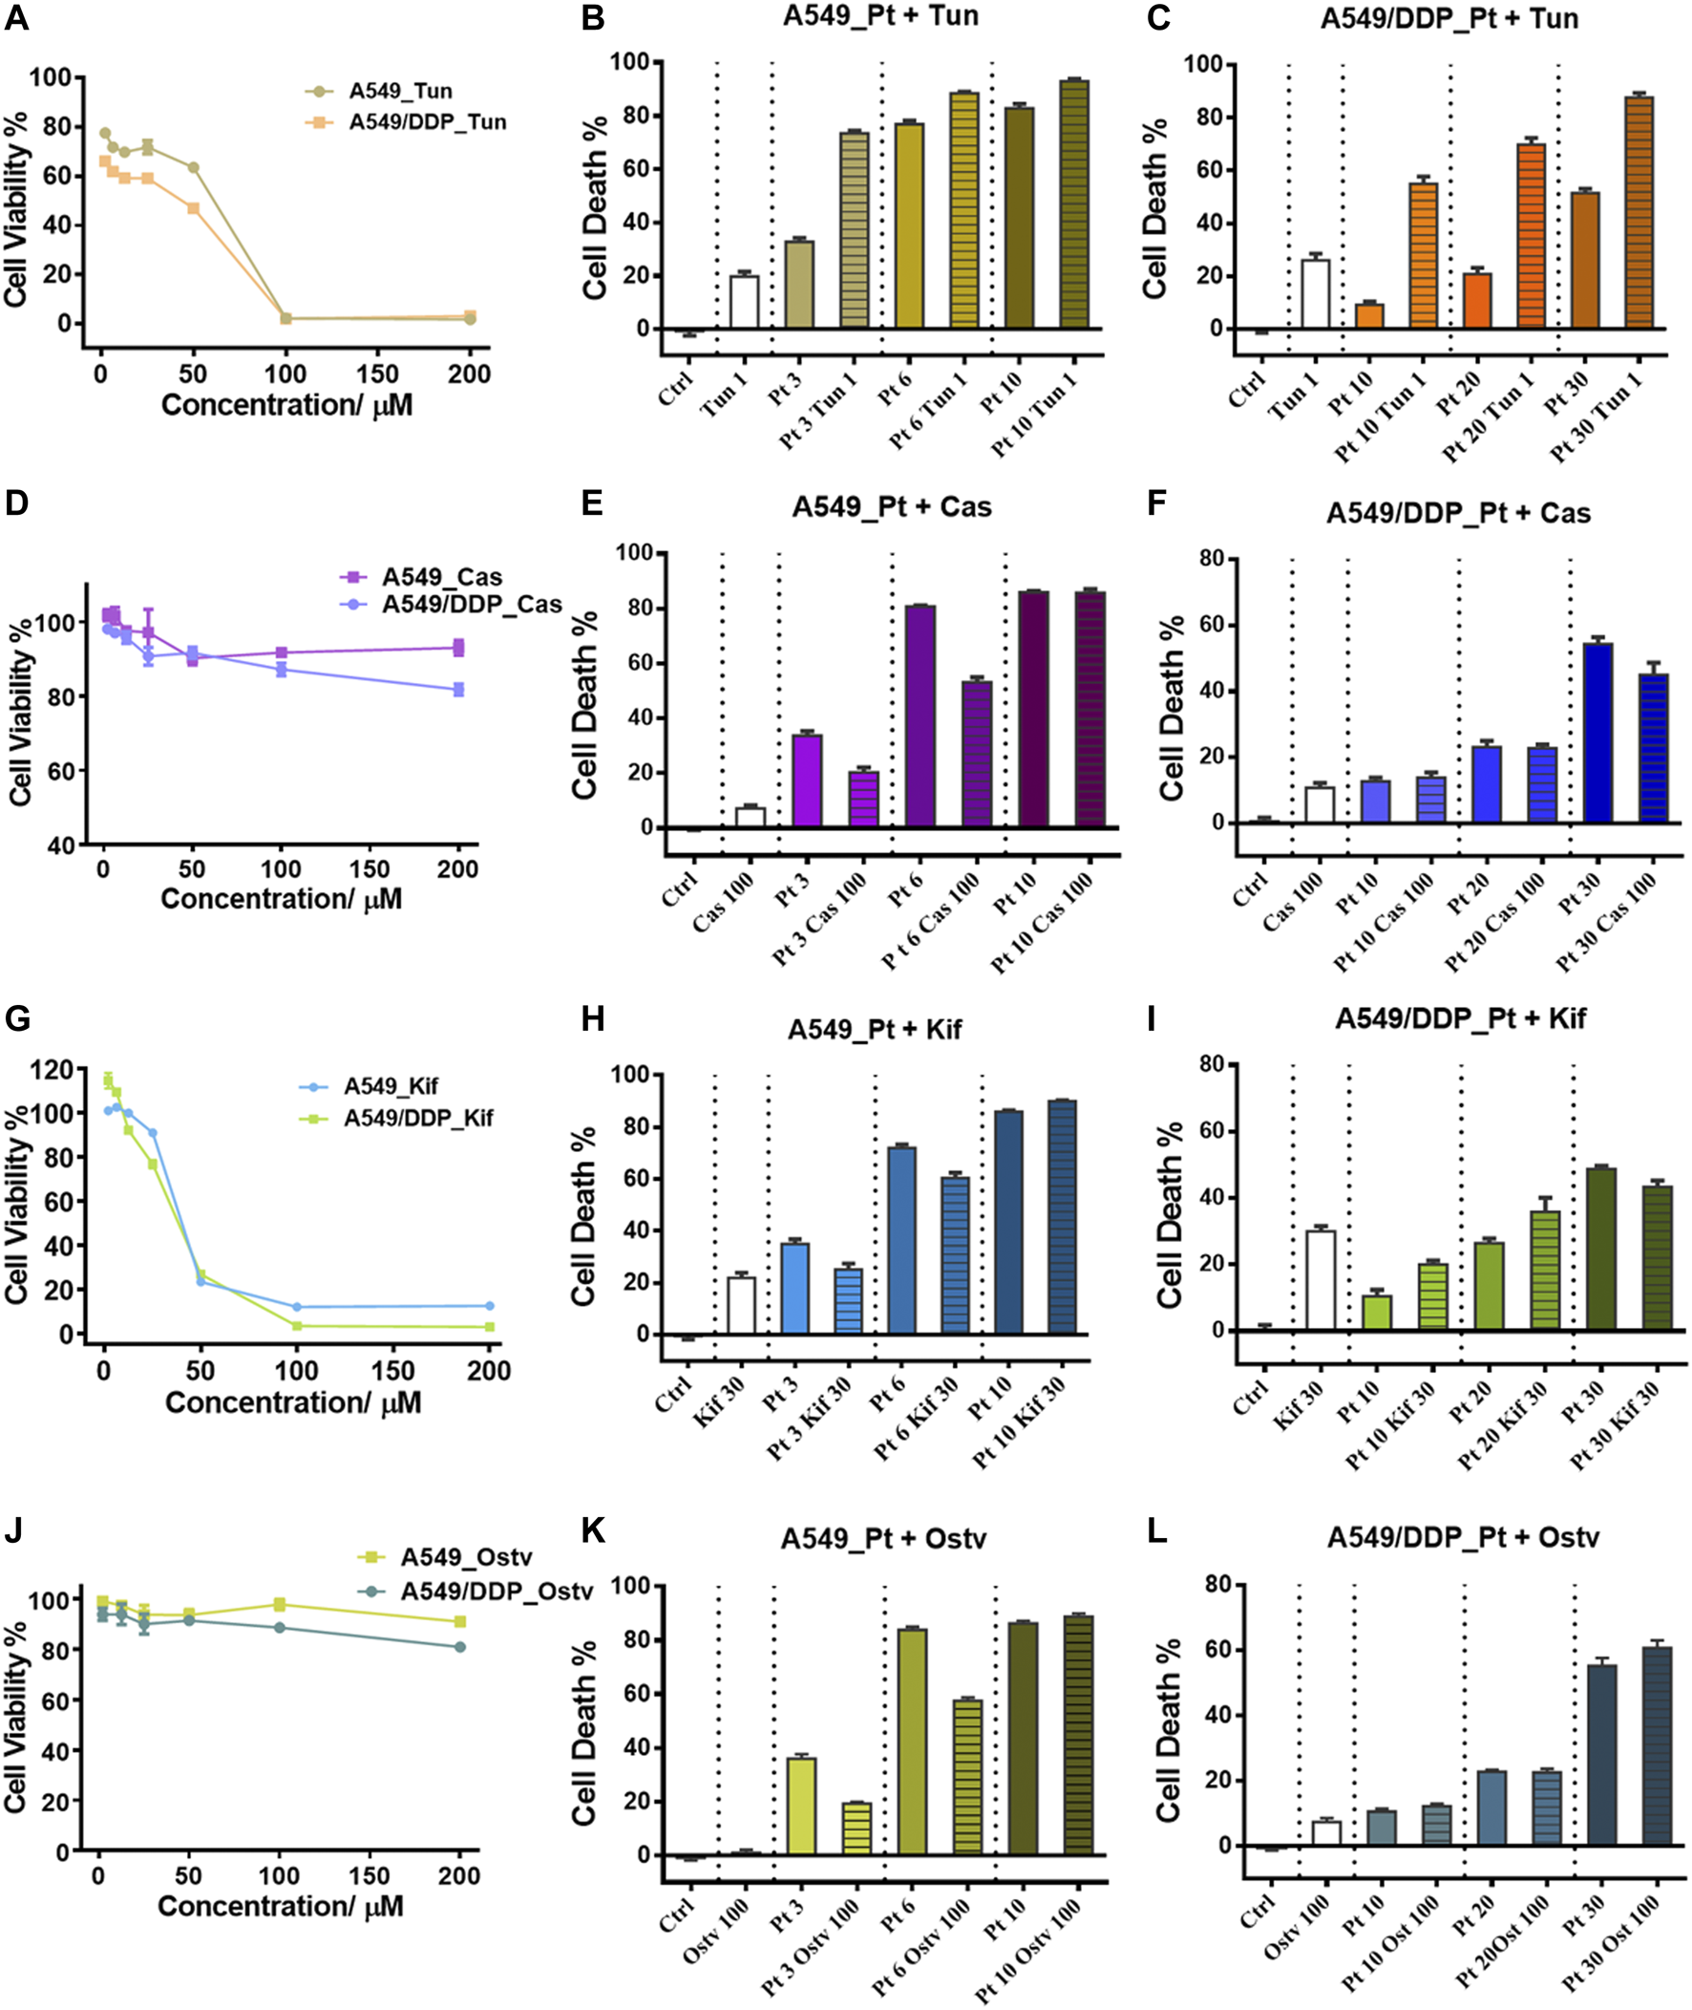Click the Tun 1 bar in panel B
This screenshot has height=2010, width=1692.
click(x=745, y=302)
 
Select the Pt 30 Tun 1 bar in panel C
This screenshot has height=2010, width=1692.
click(x=1639, y=212)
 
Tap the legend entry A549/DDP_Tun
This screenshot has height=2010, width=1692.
click(x=427, y=122)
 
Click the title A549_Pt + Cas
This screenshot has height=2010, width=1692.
click(x=891, y=506)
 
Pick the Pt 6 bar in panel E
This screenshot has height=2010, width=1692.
click(x=920, y=716)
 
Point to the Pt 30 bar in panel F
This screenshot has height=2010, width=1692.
click(x=1598, y=733)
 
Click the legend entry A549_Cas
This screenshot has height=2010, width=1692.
click(x=441, y=577)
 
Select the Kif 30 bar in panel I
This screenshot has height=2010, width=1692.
click(x=1321, y=1280)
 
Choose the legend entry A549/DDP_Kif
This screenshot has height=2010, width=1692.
click(x=418, y=1118)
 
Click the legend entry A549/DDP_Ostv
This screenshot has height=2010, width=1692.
click(x=496, y=1591)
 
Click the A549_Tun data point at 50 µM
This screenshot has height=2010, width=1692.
click(x=193, y=168)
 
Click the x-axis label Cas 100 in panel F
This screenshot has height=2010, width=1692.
click(x=1292, y=901)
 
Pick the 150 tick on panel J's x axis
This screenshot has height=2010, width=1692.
click(x=370, y=1874)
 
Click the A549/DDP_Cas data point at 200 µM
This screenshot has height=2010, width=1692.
click(x=458, y=689)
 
